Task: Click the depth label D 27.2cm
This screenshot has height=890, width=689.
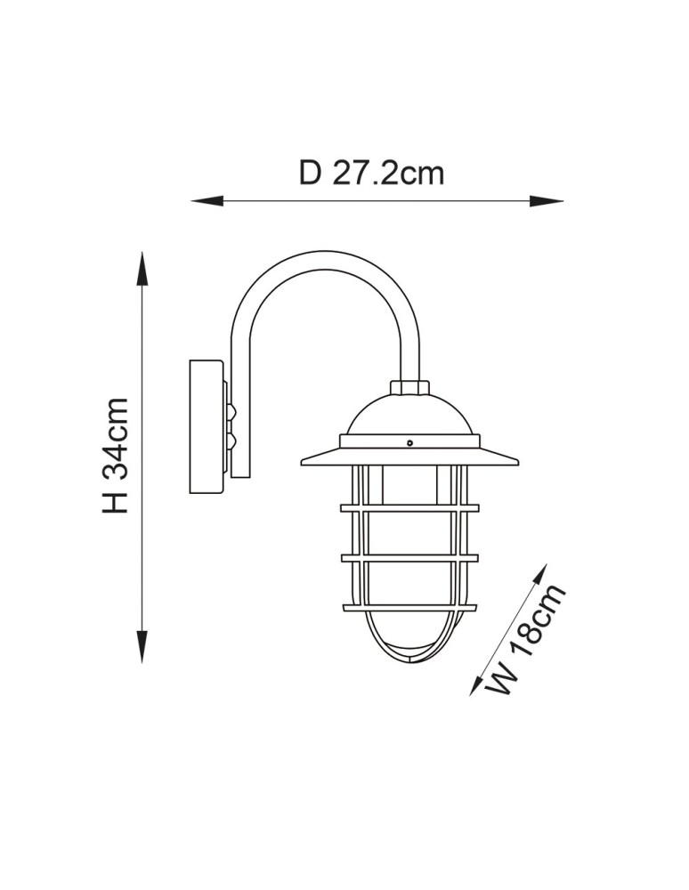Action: point(371,174)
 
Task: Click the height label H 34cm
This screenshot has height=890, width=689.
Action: point(116,456)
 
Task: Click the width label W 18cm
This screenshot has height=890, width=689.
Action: point(528,638)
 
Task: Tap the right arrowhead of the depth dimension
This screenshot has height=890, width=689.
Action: point(547,201)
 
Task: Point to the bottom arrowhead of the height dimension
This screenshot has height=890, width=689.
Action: point(142,646)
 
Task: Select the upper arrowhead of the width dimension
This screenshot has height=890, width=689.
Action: point(539,575)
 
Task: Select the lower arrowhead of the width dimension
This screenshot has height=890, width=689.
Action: point(478,683)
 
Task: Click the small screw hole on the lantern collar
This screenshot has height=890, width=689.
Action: point(409,443)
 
